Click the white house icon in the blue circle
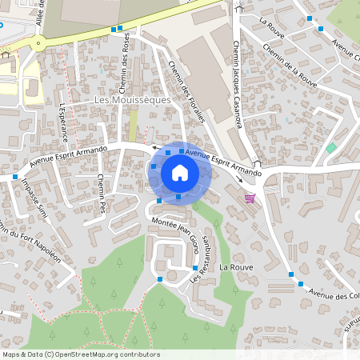[180, 172]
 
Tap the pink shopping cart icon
[250, 198]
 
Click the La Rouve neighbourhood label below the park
[236, 266]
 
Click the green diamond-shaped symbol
[331, 148]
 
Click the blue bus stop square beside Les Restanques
[195, 266]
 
